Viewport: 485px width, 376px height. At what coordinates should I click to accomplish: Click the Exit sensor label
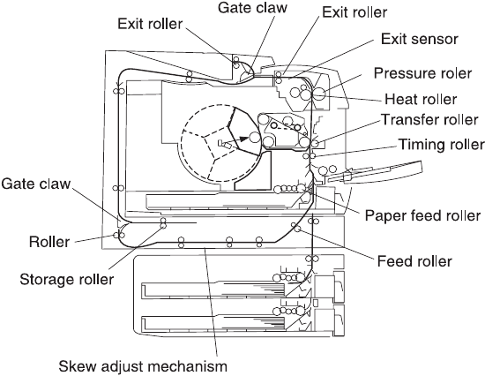419,40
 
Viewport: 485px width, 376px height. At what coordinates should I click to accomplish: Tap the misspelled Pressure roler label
422,73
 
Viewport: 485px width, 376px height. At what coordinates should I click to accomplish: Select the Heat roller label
421,100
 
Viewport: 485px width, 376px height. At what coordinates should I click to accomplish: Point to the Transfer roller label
429,120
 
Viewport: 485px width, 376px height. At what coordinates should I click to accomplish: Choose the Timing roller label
442,145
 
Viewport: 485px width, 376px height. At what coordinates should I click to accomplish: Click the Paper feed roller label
422,215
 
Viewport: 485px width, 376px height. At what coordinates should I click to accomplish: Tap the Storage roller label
67,280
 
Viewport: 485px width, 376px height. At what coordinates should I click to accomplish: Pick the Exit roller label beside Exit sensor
354,12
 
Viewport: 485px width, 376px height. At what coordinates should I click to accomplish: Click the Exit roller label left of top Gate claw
150,24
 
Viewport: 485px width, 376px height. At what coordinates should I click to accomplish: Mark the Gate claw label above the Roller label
36,184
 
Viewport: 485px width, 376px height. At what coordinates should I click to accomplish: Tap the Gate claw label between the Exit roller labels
252,8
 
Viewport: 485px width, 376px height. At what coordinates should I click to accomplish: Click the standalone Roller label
49,242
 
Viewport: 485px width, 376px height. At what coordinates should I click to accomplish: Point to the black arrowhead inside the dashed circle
244,139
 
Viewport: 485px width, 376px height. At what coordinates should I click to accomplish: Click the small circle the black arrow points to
255,138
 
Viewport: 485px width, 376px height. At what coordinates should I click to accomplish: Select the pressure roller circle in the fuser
319,94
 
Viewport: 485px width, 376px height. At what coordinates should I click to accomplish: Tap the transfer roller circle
315,144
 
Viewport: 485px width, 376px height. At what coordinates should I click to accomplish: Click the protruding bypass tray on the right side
375,172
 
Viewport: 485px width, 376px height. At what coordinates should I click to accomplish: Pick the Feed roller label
414,261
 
